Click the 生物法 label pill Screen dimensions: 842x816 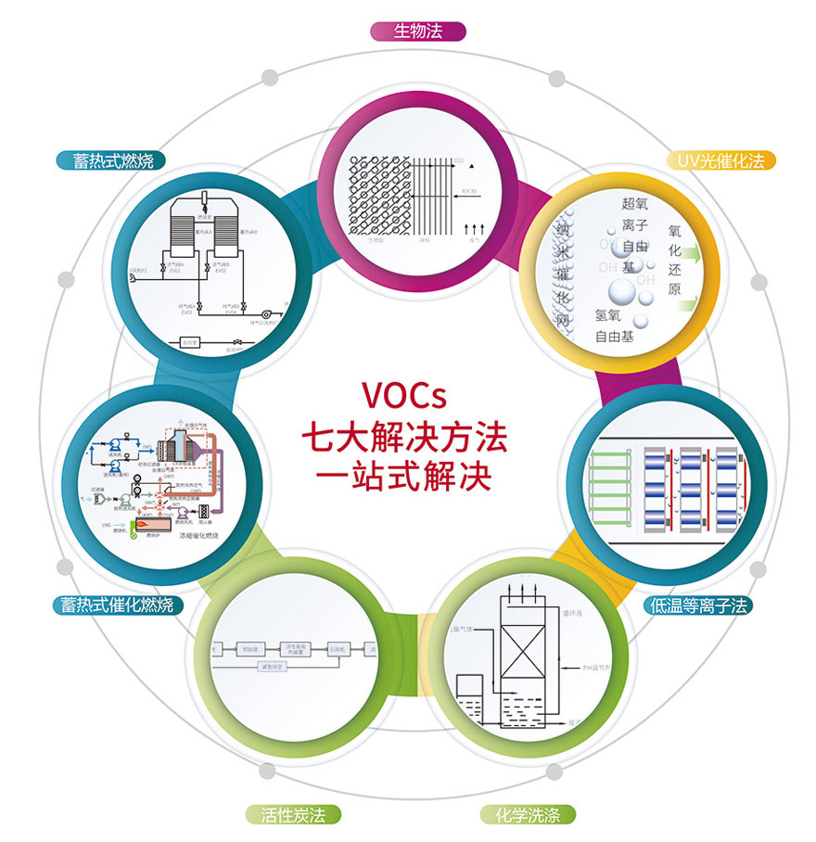[x=417, y=32]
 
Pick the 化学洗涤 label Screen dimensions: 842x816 [x=529, y=816]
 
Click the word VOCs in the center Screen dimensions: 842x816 [x=404, y=396]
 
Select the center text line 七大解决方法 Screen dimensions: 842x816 [x=404, y=435]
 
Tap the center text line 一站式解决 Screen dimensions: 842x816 [x=404, y=476]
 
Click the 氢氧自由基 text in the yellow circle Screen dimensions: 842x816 [x=614, y=325]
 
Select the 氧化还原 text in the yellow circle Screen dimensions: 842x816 [x=674, y=261]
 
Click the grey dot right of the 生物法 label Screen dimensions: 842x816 [x=556, y=77]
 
